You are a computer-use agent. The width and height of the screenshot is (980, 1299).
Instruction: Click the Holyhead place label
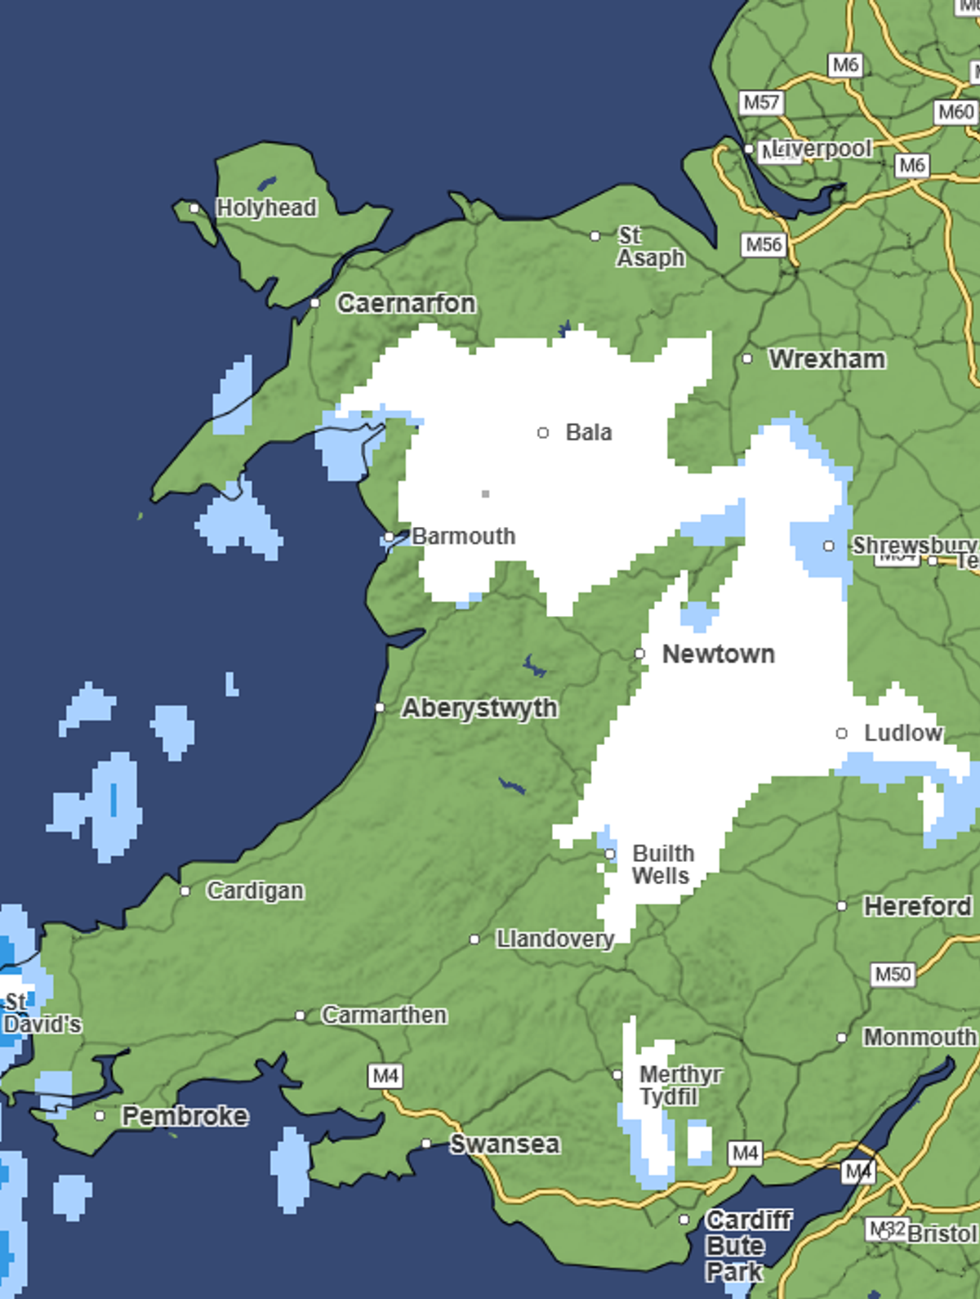click(x=266, y=208)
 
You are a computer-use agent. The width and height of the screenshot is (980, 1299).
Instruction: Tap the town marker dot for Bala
click(x=543, y=432)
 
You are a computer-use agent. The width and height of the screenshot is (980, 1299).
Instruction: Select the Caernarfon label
click(x=406, y=304)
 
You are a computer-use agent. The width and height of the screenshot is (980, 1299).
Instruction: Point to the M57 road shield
click(x=761, y=103)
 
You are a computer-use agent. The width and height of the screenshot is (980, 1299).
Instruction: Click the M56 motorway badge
click(x=764, y=244)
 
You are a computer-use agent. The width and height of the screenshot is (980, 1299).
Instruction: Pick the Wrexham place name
click(x=826, y=359)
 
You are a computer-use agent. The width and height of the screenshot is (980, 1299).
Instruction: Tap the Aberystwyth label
click(x=479, y=708)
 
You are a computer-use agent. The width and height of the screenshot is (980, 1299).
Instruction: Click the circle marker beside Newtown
click(x=639, y=654)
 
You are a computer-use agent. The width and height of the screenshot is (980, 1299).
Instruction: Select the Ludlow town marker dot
click(x=842, y=734)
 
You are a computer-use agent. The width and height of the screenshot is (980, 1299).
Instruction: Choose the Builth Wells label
click(x=662, y=864)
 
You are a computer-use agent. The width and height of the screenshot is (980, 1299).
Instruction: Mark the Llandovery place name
click(x=555, y=940)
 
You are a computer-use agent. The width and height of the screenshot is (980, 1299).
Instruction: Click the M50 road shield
click(x=893, y=974)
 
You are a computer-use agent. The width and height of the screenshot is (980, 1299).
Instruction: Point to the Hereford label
click(x=917, y=906)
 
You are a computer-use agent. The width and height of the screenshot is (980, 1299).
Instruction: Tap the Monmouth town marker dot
click(x=842, y=1038)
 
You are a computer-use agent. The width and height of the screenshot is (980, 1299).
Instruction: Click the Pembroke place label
click(x=185, y=1116)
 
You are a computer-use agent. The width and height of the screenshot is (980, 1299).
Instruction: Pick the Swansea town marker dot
click(x=426, y=1144)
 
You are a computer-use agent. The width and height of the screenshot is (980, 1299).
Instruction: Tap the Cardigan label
click(x=255, y=891)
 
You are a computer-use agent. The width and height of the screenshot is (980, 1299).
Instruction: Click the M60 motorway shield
click(x=955, y=112)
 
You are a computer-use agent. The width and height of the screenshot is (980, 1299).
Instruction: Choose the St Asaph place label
click(x=649, y=247)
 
